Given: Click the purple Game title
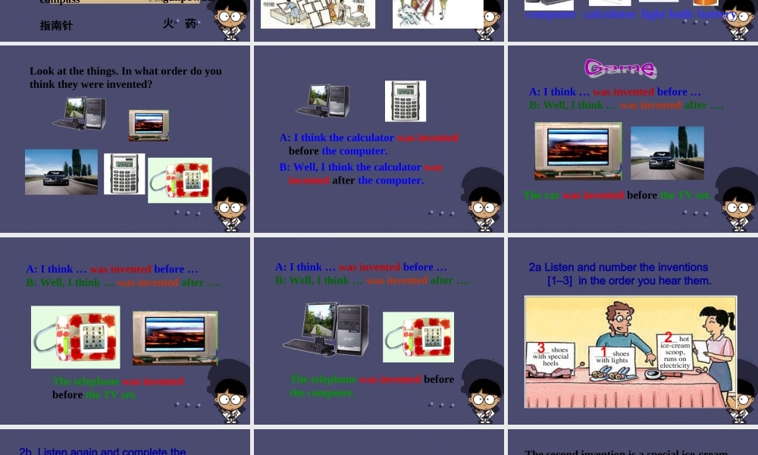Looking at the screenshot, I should click(x=619, y=68).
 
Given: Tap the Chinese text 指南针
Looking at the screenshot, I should click(x=57, y=25).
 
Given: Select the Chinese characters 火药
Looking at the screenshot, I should click(x=179, y=24).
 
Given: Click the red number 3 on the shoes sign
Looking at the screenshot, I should click(x=540, y=348).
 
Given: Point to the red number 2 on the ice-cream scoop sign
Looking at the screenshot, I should click(x=668, y=337).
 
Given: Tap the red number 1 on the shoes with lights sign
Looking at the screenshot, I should click(x=603, y=352).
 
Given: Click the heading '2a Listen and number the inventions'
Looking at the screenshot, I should click(x=619, y=267).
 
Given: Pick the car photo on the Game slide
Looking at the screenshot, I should click(x=667, y=152).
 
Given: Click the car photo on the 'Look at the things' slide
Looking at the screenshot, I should click(x=61, y=171).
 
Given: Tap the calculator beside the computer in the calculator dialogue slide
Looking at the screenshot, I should click(x=405, y=101).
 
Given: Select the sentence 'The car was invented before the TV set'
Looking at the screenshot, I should click(x=617, y=195).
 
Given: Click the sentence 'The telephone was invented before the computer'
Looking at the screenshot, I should click(x=371, y=385).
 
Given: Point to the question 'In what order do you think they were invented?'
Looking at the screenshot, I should click(x=126, y=77).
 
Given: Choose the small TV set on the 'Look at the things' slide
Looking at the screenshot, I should click(x=149, y=124).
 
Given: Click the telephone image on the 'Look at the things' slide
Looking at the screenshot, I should click(x=180, y=180).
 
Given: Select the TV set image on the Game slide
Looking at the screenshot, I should click(x=578, y=152).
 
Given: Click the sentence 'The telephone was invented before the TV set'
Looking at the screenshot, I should click(x=117, y=388).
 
